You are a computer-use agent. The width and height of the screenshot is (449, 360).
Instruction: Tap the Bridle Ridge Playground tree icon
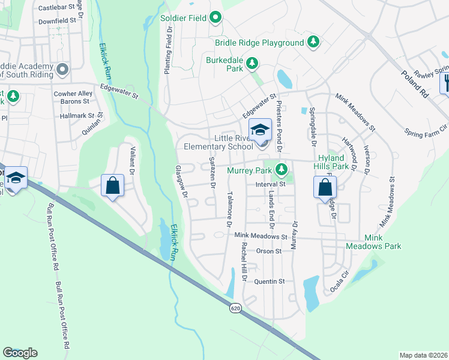click(312, 42)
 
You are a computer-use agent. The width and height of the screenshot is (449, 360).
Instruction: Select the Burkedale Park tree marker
click(253, 62)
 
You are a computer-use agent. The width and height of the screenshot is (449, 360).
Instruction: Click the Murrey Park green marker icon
click(281, 170)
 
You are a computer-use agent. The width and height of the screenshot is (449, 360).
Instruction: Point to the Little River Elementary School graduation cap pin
click(261, 130)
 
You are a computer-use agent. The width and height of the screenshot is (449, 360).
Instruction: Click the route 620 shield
click(235, 307)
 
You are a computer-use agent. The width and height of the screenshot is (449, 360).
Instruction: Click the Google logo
click(20, 352)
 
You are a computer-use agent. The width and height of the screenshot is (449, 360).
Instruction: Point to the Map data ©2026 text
click(423, 355)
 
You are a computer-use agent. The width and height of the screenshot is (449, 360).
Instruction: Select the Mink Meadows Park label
click(373, 242)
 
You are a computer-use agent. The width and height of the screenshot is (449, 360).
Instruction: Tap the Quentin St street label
click(268, 281)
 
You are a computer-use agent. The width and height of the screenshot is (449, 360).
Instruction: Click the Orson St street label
click(268, 251)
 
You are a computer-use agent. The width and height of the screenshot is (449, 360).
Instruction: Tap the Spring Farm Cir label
click(426, 128)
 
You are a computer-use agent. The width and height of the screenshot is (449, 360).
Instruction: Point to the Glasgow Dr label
click(182, 182)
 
